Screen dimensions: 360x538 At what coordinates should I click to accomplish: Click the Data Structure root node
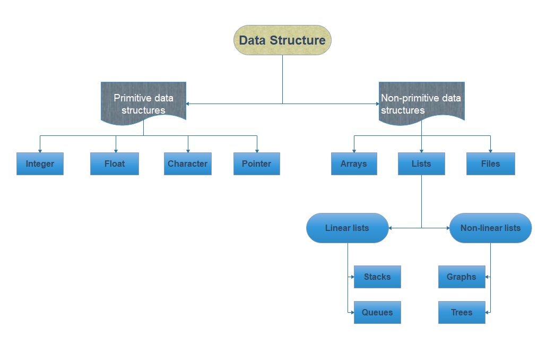click(x=282, y=40)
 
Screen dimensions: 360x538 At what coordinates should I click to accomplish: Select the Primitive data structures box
click(x=143, y=103)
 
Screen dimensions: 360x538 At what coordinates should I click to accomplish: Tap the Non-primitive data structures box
click(x=421, y=103)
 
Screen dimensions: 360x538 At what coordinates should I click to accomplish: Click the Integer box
click(x=40, y=164)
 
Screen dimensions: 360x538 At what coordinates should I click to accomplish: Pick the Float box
click(x=114, y=164)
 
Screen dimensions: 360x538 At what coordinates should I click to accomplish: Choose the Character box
click(x=187, y=164)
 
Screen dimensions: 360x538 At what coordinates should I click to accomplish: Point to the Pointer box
click(x=256, y=164)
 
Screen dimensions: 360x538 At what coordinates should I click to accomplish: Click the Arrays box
click(x=354, y=164)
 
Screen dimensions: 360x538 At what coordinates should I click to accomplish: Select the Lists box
click(x=421, y=164)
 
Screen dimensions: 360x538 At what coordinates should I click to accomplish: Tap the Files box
click(x=490, y=164)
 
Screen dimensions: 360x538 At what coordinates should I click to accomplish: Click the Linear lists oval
click(x=347, y=228)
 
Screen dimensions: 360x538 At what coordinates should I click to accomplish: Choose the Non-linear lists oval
click(x=490, y=228)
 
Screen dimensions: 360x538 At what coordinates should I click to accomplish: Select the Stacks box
click(x=377, y=277)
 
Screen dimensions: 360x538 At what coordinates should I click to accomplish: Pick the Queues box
click(x=377, y=312)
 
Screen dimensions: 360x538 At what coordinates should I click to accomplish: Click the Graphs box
click(x=462, y=277)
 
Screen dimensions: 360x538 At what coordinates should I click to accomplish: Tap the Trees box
click(x=462, y=312)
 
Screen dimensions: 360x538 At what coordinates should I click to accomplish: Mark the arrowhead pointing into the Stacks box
click(x=352, y=277)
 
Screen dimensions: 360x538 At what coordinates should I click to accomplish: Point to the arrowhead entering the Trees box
click(x=488, y=312)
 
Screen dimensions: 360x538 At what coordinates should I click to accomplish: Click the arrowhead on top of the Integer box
click(x=40, y=151)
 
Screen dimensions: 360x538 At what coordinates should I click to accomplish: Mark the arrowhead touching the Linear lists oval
click(x=391, y=228)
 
